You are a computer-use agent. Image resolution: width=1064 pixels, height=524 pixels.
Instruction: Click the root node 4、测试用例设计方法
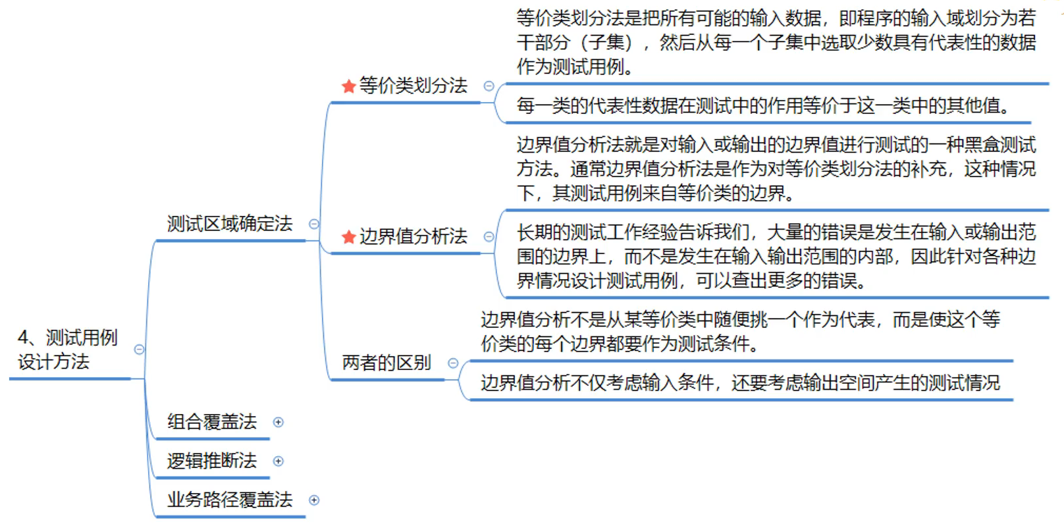[67, 350]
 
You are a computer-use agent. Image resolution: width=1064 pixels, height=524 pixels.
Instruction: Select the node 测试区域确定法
[229, 224]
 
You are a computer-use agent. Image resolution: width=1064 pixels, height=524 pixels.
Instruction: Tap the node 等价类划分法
[413, 86]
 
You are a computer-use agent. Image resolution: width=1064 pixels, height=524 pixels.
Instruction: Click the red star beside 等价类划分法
[349, 86]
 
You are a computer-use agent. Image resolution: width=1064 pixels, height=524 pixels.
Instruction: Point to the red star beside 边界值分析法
[349, 237]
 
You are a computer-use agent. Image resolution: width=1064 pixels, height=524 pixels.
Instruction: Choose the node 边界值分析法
[413, 236]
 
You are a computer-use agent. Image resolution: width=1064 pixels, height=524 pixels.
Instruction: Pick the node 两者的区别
[386, 363]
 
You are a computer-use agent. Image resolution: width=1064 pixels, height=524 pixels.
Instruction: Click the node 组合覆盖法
[211, 422]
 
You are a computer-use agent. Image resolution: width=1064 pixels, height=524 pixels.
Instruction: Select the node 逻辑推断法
[211, 461]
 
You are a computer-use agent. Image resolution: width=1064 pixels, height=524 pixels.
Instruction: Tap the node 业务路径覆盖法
[229, 500]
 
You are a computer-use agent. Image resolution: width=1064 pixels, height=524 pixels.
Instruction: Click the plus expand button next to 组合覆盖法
[279, 422]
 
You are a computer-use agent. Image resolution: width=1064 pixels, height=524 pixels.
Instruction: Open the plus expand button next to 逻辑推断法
[279, 461]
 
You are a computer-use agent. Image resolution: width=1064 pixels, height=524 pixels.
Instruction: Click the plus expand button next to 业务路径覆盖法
[314, 500]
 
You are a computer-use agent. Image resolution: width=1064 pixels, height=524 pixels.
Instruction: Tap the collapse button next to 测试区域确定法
[314, 224]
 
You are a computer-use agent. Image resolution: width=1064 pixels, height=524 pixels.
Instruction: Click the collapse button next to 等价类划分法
[489, 86]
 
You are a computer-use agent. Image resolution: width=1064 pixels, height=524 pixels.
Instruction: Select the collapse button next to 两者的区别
[453, 363]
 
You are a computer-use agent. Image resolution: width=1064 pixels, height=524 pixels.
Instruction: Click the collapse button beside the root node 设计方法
[139, 350]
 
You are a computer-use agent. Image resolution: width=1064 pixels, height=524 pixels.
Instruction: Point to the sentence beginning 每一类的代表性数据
[764, 105]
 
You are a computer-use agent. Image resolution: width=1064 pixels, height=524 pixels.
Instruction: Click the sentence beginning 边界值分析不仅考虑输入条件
[740, 382]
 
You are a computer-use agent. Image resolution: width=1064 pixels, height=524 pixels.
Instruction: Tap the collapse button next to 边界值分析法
[489, 237]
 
